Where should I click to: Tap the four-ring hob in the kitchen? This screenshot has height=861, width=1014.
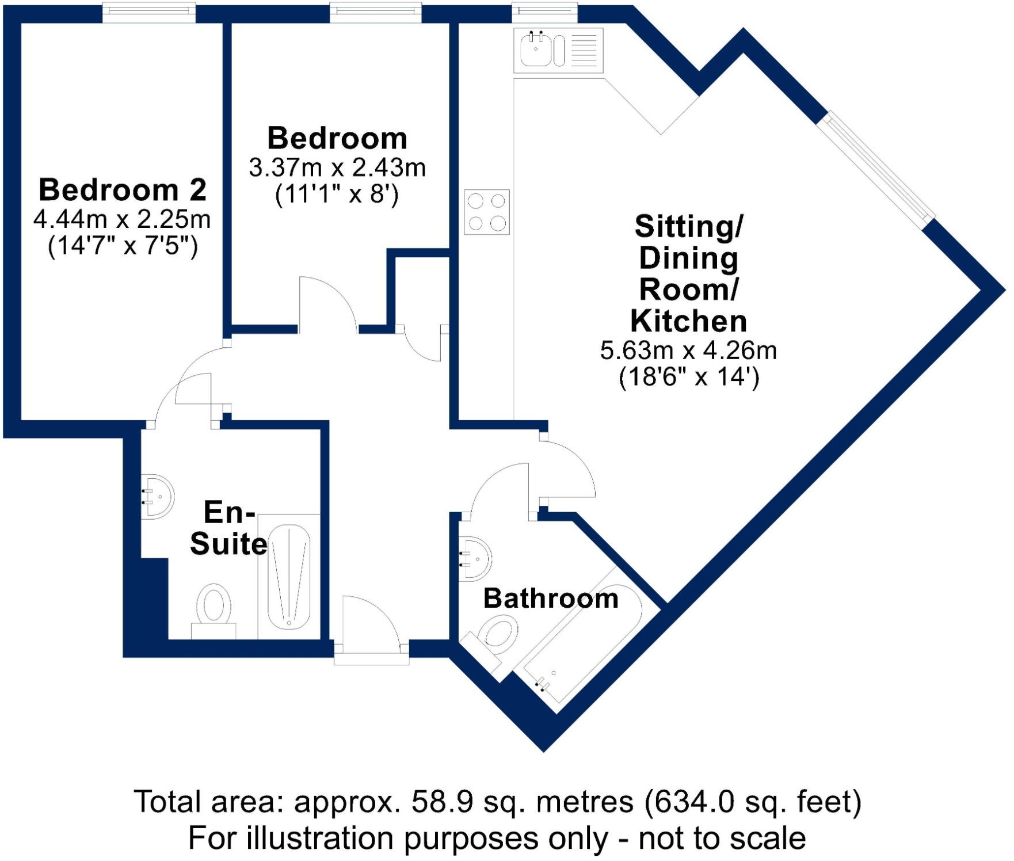(487, 212)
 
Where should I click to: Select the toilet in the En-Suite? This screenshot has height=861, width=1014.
(214, 609)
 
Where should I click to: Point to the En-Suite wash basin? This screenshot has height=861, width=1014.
(157, 496)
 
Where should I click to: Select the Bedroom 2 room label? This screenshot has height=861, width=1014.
(123, 190)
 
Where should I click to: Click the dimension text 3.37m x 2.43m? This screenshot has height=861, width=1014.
(337, 168)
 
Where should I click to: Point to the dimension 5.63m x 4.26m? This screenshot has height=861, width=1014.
(688, 351)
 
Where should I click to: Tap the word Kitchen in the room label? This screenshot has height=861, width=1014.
(688, 321)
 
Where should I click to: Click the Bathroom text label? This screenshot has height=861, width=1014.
(551, 599)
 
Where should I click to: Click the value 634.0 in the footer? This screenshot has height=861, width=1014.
(690, 801)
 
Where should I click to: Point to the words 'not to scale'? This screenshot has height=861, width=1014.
(722, 838)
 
